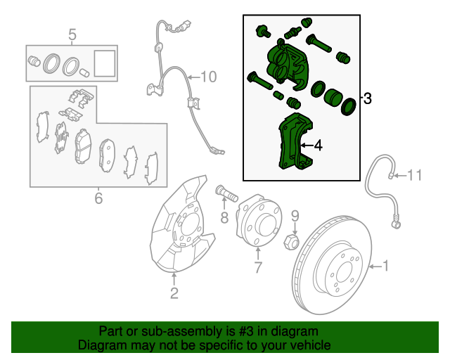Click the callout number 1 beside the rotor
pos(385,266)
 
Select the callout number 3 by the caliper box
pos(367,99)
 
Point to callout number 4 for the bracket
pos(318,146)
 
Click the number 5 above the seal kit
pos(71,34)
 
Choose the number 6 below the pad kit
pos(98,198)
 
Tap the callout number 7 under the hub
pos(257,267)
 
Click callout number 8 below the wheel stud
pos(224,219)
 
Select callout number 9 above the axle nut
pos(295,216)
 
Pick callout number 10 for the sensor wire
pos(210,77)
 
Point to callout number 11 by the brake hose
pos(415,174)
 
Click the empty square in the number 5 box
pos(104,62)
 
